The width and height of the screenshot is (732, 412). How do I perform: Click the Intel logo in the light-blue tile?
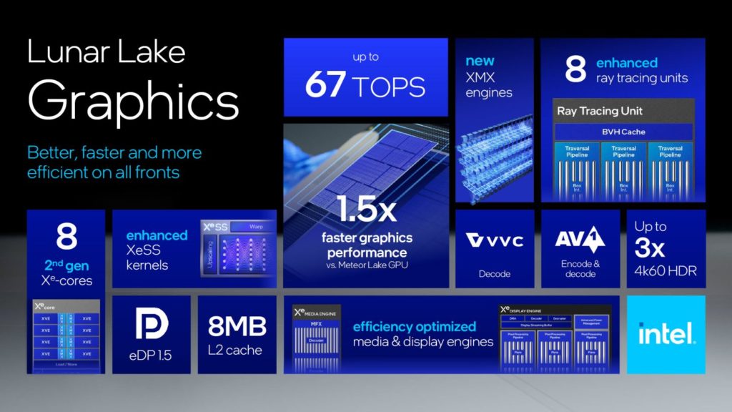pos(666,333)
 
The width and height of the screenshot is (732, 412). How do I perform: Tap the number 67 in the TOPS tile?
pos(326,86)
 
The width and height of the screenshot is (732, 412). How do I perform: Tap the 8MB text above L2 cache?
pos(237,327)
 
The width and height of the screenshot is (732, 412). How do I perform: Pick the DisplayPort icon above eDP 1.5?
pos(152,324)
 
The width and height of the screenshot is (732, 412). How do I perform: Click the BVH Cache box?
pos(623,132)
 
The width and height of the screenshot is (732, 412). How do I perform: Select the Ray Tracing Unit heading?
pos(600,111)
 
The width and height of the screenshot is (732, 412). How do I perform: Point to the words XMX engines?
pos(489,85)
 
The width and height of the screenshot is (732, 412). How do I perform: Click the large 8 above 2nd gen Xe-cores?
pos(66,237)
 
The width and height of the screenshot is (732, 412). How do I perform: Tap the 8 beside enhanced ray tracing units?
pos(575,70)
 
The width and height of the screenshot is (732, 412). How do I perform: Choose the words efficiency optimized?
pos(415,326)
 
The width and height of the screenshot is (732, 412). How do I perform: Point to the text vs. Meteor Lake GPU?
pos(367,267)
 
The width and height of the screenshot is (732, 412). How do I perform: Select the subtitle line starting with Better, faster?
pos(114,153)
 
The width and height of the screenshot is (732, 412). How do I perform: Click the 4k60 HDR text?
pos(666,271)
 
